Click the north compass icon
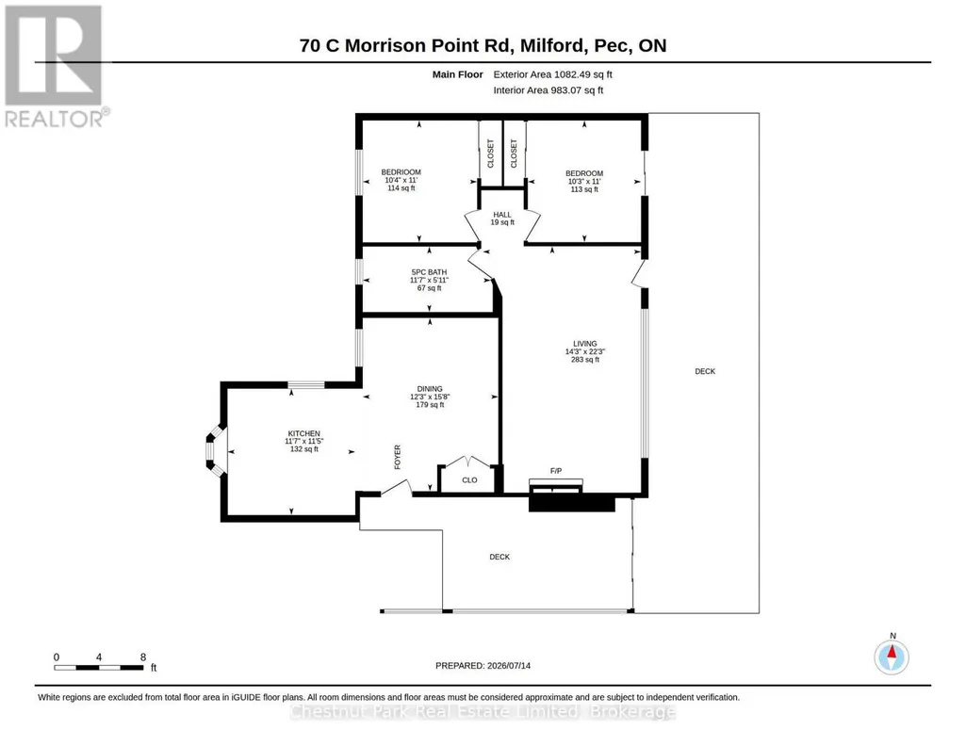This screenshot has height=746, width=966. point(892,657)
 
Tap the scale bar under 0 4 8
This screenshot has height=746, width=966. point(99,667)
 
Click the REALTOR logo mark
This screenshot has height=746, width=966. point(53,55)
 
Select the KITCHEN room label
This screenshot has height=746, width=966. point(303,433)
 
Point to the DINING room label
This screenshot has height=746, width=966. point(430,389)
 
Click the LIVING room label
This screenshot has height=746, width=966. point(584,344)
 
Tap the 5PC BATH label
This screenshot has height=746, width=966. point(429,272)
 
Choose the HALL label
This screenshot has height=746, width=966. point(502,215)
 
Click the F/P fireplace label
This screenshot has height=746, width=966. point(556,471)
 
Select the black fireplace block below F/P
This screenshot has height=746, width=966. point(572,503)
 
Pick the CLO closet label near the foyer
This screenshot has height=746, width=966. point(469,480)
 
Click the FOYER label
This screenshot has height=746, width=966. point(398,458)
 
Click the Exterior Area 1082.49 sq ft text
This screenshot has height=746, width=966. point(552,74)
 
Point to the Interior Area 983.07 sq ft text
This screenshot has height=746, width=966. point(548,89)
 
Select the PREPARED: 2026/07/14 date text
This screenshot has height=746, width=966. point(483,665)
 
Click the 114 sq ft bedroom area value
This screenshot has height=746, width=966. point(401,187)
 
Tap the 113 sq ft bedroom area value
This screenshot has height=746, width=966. point(584,189)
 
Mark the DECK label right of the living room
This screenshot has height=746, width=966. point(705,371)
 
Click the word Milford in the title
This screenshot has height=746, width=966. point(551,45)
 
